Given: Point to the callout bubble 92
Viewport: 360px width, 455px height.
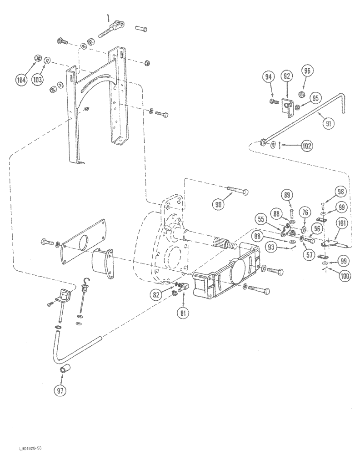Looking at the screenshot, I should tap(286, 76).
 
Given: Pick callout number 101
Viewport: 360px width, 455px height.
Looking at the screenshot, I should tap(341, 223).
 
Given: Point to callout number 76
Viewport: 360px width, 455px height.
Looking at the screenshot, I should tap(305, 212).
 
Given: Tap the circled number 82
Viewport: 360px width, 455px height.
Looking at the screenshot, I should tap(157, 294).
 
